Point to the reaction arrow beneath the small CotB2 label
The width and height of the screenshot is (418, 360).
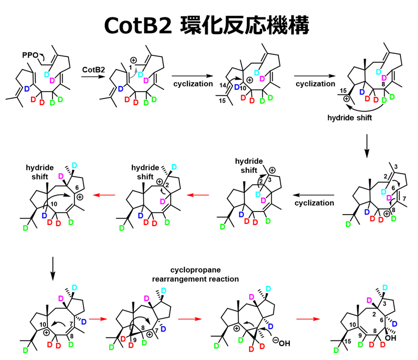pyautogui.click(x=93, y=78)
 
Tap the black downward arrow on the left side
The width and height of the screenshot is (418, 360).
pyautogui.click(x=52, y=263)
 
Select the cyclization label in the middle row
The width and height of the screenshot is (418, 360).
pyautogui.click(x=314, y=203)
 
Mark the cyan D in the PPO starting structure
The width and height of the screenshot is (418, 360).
pyautogui.click(x=48, y=74)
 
